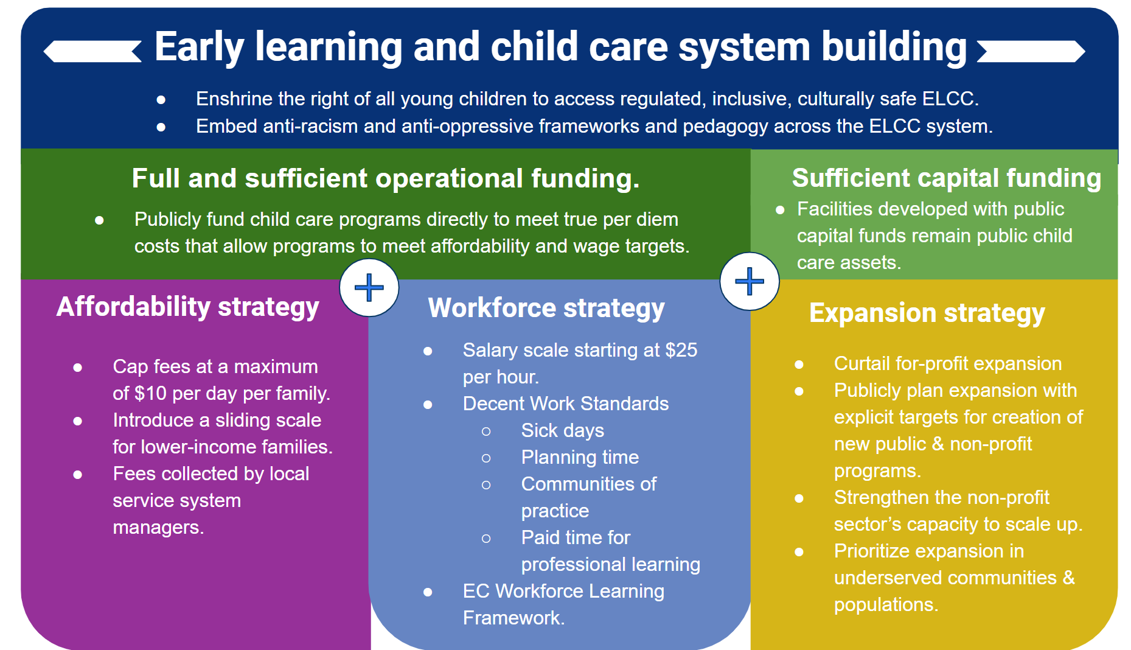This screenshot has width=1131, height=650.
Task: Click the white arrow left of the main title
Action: click(x=92, y=51)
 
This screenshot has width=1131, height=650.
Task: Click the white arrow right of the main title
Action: click(x=1031, y=51)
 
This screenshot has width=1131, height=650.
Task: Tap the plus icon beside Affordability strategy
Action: click(x=369, y=287)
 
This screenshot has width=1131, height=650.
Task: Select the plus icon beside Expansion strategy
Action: click(x=750, y=281)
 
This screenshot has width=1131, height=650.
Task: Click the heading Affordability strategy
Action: click(x=188, y=307)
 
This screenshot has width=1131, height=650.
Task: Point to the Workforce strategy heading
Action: click(x=546, y=309)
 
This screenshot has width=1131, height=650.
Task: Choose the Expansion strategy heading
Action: click(x=927, y=313)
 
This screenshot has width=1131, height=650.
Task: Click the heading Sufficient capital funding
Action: click(x=947, y=178)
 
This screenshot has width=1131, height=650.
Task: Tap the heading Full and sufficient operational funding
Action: click(x=386, y=178)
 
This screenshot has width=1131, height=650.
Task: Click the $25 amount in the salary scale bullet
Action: click(x=681, y=350)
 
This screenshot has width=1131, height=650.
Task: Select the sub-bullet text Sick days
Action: click(x=563, y=431)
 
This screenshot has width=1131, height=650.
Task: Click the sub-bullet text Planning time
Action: click(x=580, y=458)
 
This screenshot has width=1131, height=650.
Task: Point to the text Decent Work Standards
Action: click(x=566, y=404)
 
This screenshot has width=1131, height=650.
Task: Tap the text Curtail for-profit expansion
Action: click(x=948, y=363)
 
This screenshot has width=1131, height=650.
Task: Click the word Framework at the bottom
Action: click(x=513, y=618)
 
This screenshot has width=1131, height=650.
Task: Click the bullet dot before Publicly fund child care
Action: click(x=99, y=220)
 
